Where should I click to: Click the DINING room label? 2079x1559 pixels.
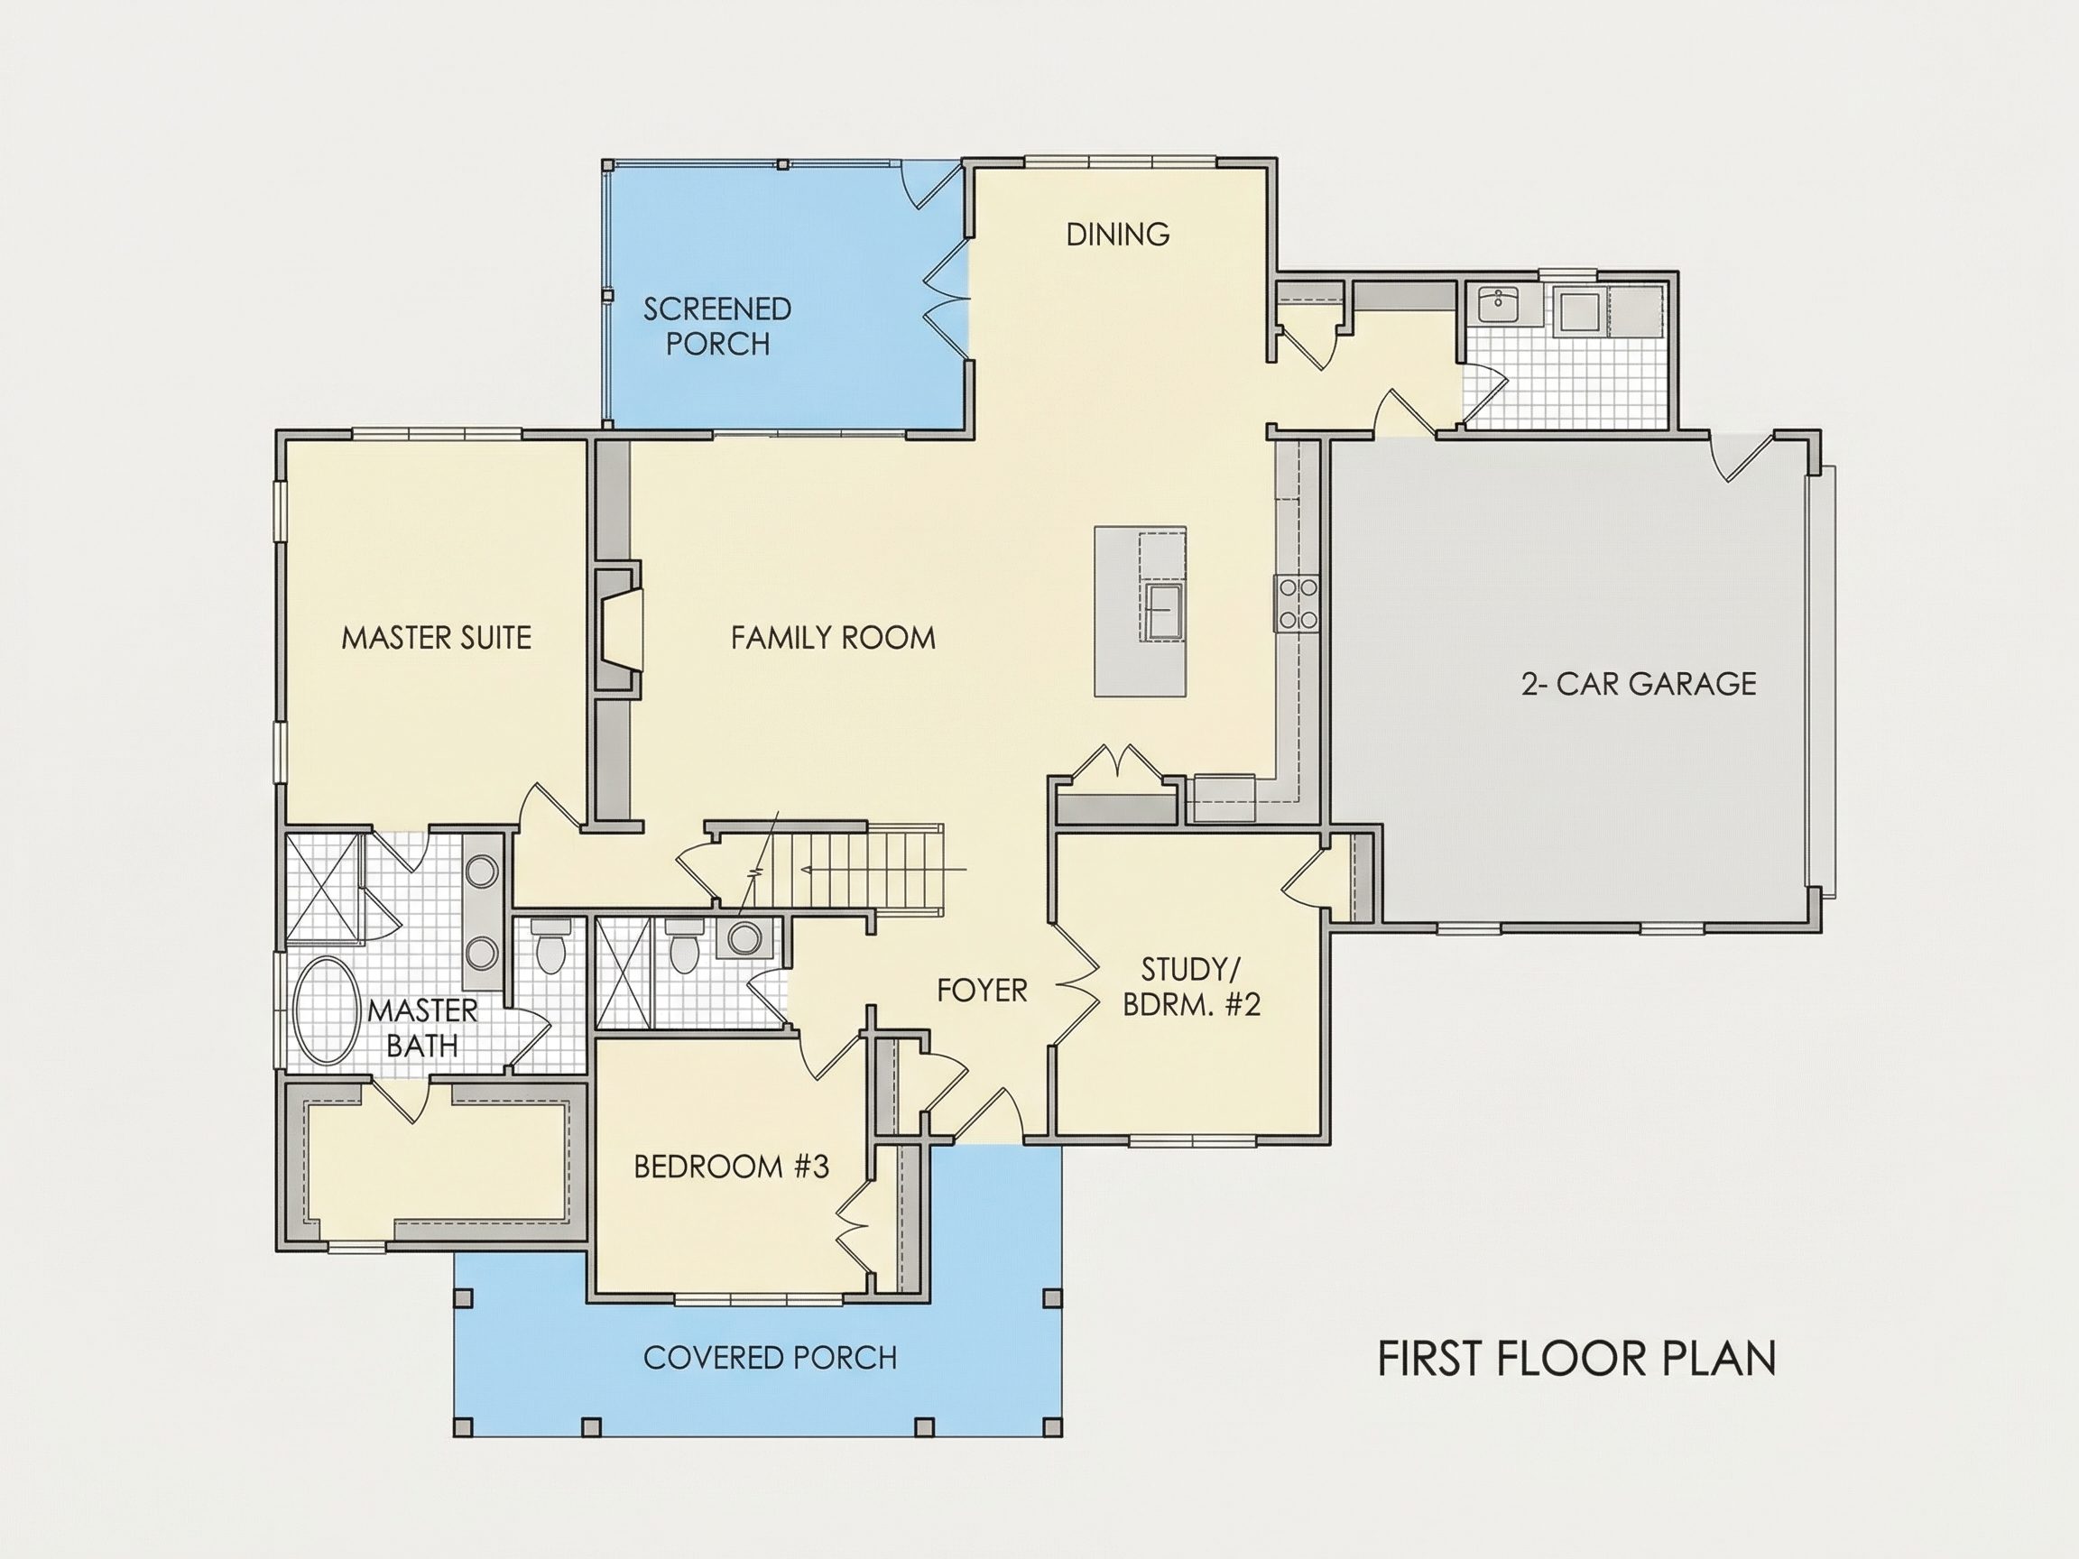point(1117,234)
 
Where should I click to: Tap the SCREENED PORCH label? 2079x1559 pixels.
point(717,326)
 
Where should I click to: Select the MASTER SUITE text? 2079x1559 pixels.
point(436,638)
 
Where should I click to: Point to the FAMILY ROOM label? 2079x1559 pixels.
point(833,638)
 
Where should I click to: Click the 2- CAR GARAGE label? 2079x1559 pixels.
point(1638,683)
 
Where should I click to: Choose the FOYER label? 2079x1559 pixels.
point(982,990)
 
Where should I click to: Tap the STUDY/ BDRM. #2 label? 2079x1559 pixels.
point(1191,987)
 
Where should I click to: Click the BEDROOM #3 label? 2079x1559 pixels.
point(731,1167)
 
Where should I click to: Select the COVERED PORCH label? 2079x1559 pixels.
point(770,1357)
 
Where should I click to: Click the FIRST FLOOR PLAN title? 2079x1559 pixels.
point(1576,1359)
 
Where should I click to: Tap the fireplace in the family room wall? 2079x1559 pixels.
point(618,630)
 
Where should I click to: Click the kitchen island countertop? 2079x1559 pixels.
point(1140,612)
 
